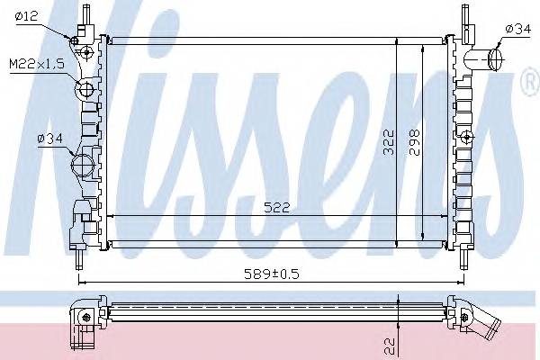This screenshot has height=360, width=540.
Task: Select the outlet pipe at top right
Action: click(x=493, y=58)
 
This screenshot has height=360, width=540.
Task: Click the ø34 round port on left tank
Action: click(x=82, y=166)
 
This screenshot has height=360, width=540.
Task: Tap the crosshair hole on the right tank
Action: click(x=468, y=137)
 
